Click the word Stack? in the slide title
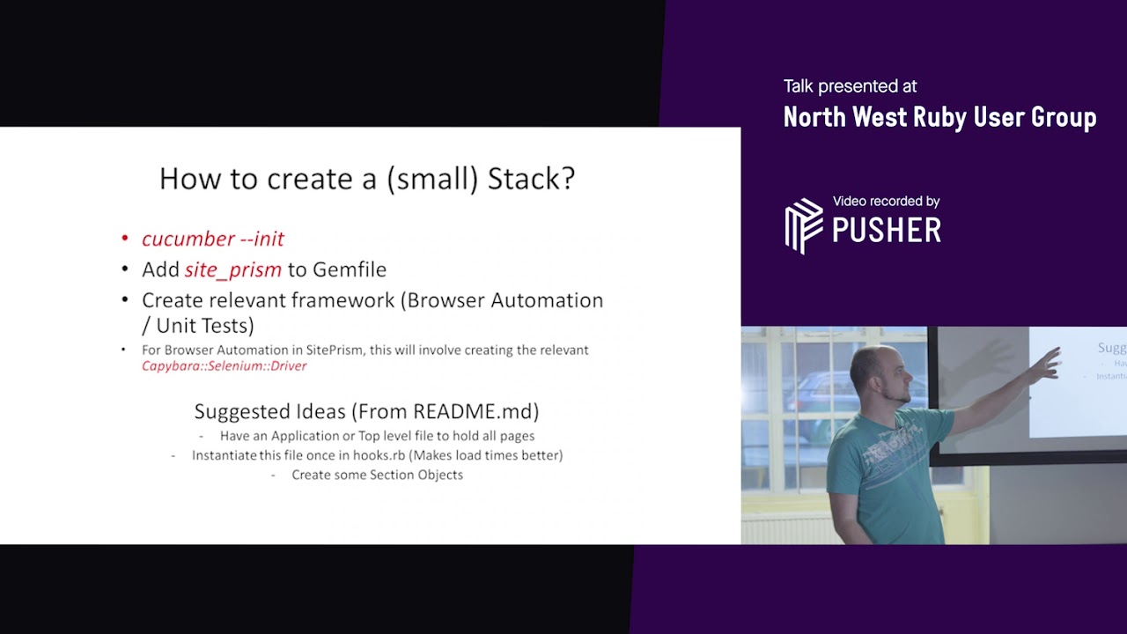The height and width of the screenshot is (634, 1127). (x=531, y=179)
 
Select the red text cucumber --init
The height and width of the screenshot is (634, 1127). (x=213, y=239)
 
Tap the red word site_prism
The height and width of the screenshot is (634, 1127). (x=233, y=269)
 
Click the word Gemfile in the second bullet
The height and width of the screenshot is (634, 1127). (x=350, y=269)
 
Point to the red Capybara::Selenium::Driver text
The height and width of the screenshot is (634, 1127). (x=224, y=365)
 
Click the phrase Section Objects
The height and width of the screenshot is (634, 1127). (x=415, y=475)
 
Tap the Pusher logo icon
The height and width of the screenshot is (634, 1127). (x=803, y=225)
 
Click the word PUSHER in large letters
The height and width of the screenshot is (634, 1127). (x=886, y=231)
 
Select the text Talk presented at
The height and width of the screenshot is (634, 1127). (x=850, y=86)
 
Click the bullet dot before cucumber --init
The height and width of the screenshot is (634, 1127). (x=125, y=239)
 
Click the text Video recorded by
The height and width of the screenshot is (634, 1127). (x=886, y=202)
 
